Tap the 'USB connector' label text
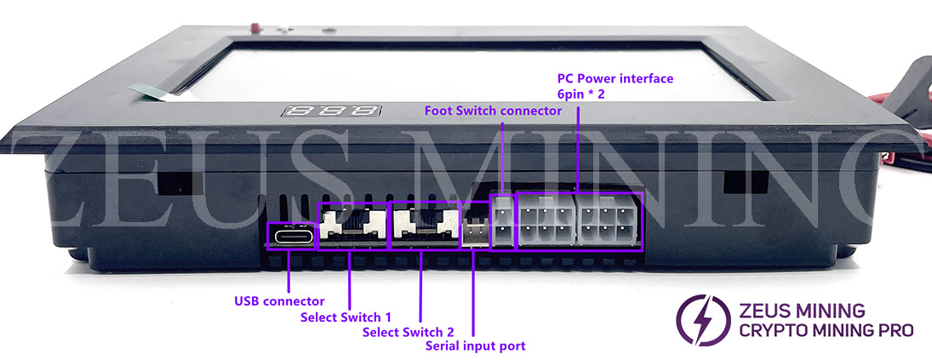[x=278, y=301]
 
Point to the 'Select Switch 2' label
[x=408, y=332]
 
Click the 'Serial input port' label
[x=475, y=346]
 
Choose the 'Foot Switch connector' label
[x=493, y=111]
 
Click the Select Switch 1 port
[x=352, y=226]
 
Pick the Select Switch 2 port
[x=423, y=226]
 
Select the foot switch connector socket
[x=503, y=222]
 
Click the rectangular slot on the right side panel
[x=737, y=180]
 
